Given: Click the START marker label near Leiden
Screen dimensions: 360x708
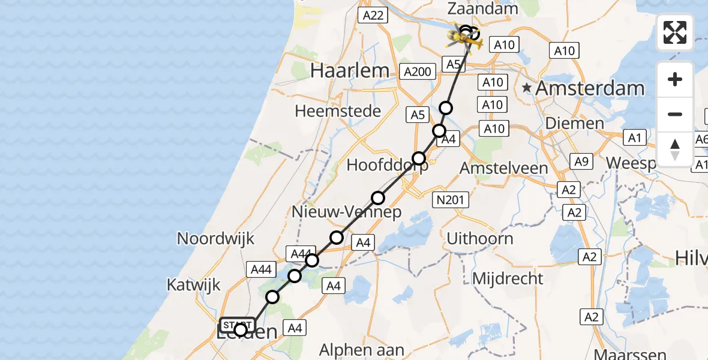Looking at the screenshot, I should (x=238, y=325).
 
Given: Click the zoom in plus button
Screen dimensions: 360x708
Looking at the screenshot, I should (x=675, y=79).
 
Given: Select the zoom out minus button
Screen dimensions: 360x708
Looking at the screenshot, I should (x=675, y=114).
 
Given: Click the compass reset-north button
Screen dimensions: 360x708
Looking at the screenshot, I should (x=675, y=149).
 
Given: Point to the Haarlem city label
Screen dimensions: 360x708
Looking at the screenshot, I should (x=350, y=71).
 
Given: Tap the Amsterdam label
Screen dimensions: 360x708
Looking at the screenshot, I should (x=590, y=89).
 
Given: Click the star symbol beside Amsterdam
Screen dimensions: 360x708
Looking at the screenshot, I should (x=527, y=88).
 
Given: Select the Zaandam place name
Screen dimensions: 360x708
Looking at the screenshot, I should (x=482, y=9).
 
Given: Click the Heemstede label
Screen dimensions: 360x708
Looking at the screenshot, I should (x=338, y=111).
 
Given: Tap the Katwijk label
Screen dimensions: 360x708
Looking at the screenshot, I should (x=194, y=284).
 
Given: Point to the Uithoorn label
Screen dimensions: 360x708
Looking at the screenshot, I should (x=479, y=238).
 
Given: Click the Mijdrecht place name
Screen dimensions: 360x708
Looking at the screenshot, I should (x=508, y=278).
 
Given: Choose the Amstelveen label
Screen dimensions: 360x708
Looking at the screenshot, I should (x=503, y=169).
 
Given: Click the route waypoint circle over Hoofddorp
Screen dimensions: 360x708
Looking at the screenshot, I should (x=419, y=158).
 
